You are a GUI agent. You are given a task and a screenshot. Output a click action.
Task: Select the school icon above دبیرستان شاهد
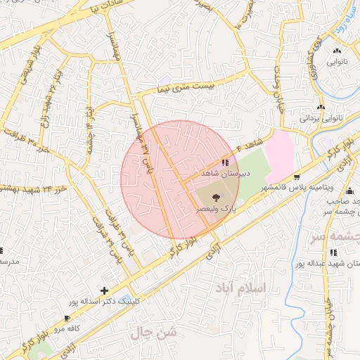225,162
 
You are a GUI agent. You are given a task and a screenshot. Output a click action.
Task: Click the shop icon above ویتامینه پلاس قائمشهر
297,177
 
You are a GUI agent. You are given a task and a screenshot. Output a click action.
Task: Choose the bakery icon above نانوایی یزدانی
321,108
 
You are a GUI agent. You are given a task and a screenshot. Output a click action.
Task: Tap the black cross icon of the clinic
104,290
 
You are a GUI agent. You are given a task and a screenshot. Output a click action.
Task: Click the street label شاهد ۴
249,148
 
